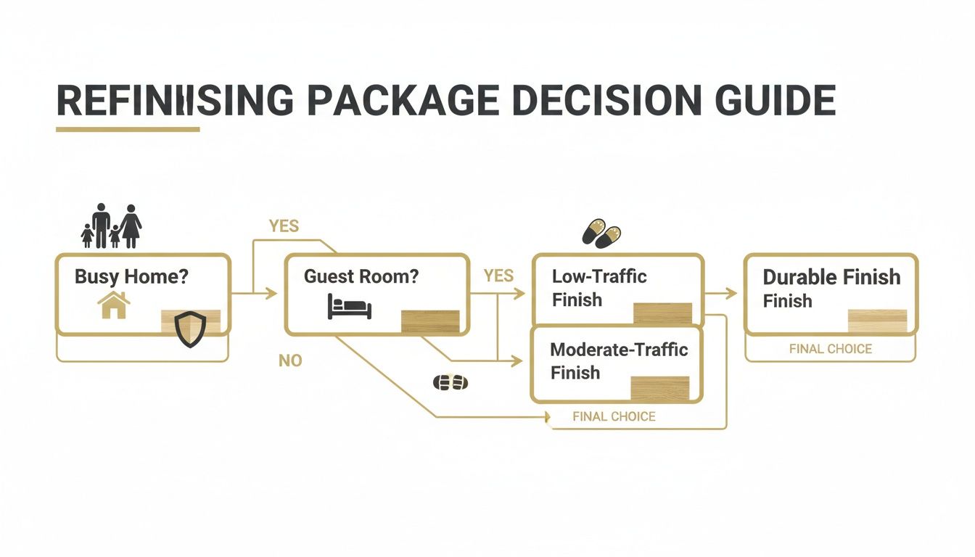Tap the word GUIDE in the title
tap(777, 101)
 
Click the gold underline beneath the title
tap(128, 130)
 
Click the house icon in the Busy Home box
tap(113, 305)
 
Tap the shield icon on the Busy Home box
tap(191, 329)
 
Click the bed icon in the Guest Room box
tap(349, 306)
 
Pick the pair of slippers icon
tap(602, 233)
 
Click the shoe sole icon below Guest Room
tap(450, 382)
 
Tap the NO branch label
tap(290, 360)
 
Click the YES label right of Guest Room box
tap(498, 276)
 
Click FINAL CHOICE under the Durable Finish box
tap(831, 349)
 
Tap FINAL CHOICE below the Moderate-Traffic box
tap(614, 416)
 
